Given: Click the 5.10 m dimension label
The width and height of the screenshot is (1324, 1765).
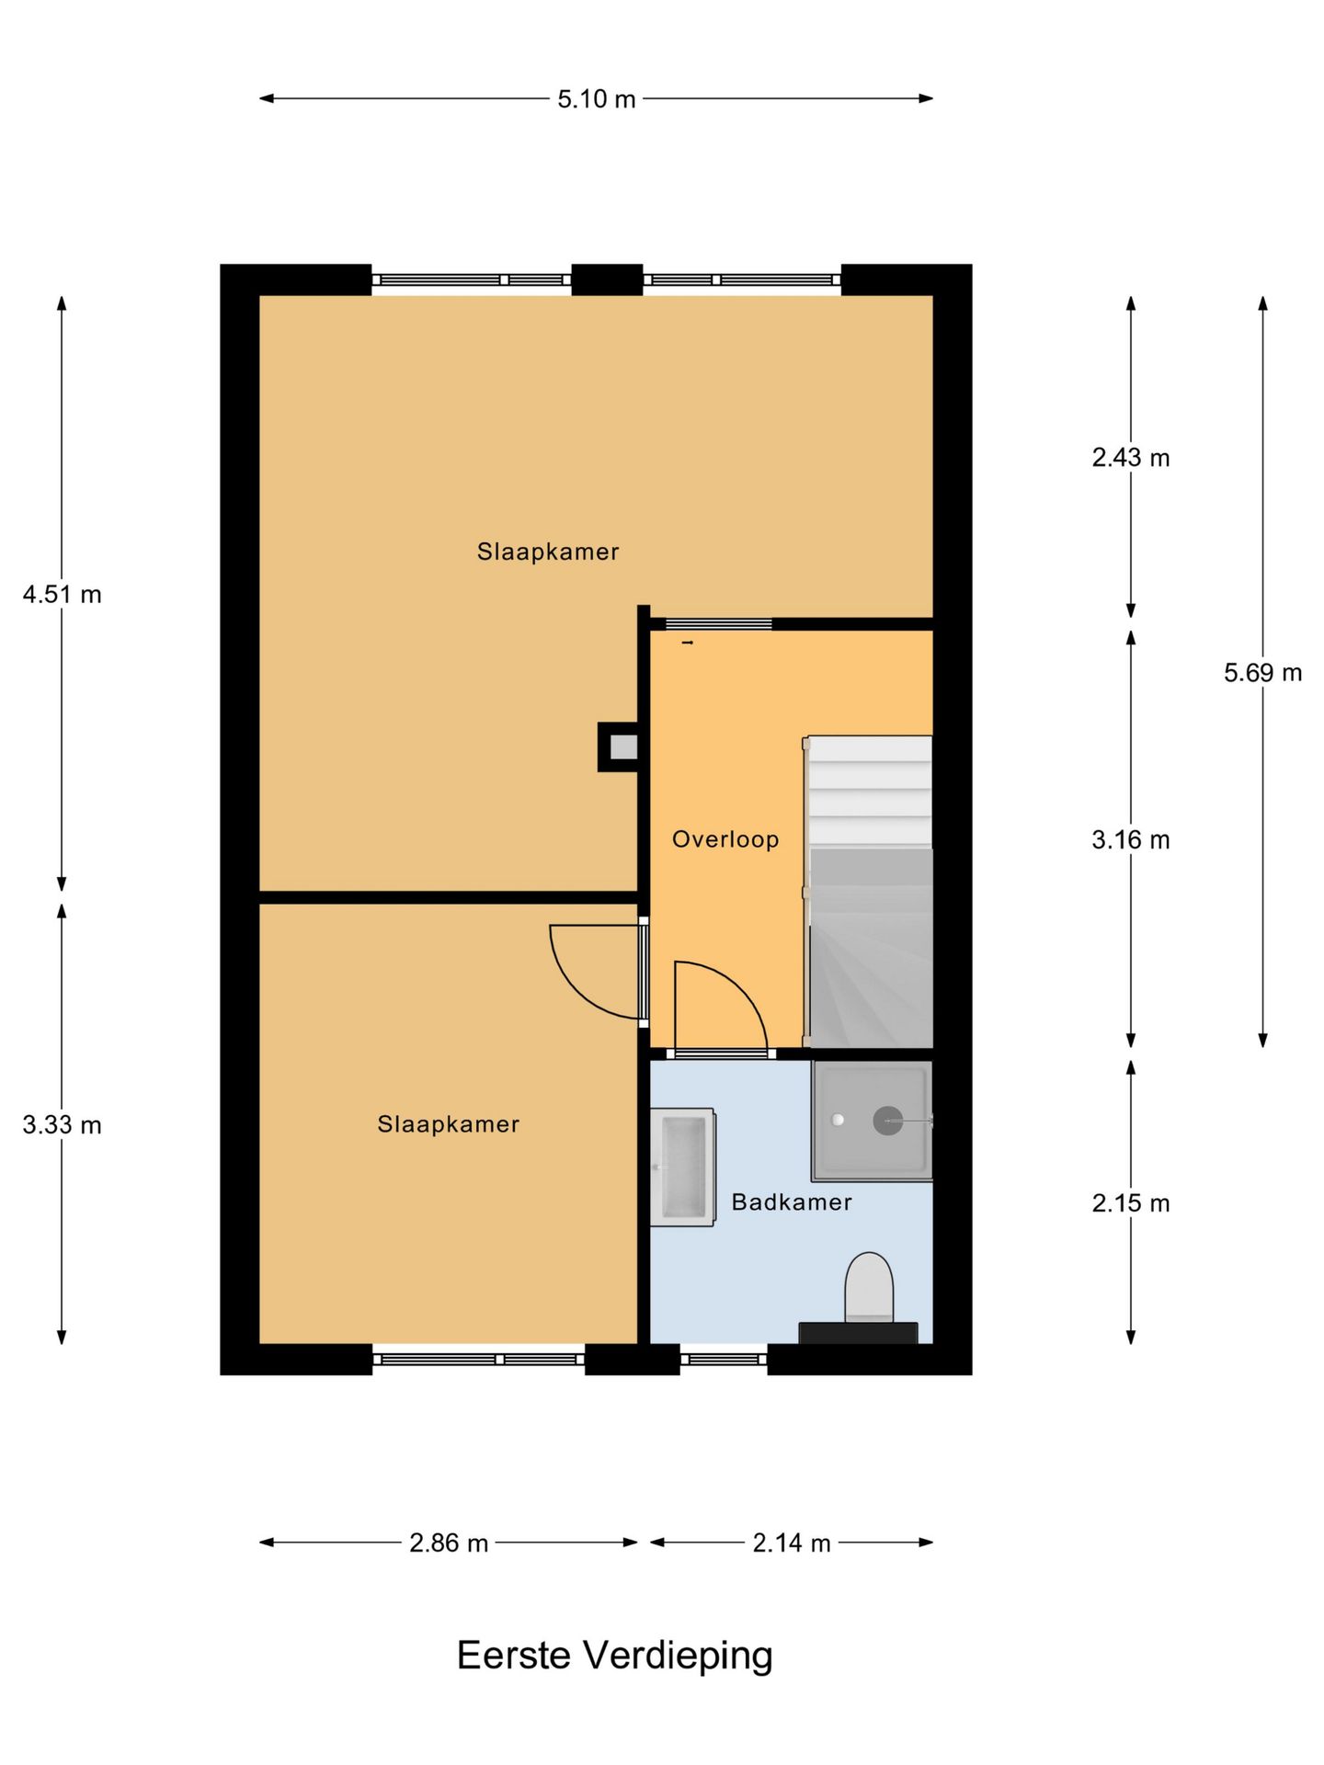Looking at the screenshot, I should point(596,98).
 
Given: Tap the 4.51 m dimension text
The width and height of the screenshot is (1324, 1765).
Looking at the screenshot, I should point(62,594).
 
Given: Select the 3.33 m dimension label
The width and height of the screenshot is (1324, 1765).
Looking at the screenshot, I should point(62,1124).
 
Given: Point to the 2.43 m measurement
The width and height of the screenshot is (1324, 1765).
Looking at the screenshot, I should point(1130,457).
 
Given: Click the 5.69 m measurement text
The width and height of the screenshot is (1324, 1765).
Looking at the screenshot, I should point(1261,672).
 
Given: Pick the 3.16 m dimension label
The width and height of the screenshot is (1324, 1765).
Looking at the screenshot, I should point(1130,839).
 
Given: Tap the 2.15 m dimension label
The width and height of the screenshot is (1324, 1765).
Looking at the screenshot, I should point(1130,1202).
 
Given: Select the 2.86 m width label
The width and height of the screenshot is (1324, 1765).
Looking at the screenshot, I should point(448,1543).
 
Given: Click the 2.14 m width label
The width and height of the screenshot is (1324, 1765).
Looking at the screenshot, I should point(791,1543).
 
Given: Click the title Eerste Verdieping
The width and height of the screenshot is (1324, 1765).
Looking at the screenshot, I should point(614,1656).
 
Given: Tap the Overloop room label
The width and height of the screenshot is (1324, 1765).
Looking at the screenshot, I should point(725,838).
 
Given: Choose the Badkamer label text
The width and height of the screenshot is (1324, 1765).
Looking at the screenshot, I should point(791,1201).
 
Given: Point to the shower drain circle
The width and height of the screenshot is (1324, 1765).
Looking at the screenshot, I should point(886,1121).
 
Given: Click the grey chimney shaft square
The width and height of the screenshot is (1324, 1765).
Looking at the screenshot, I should point(623,747).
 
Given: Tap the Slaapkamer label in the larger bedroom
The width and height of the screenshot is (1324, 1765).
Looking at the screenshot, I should point(547,552).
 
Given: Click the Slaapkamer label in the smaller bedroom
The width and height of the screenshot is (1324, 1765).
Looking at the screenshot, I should point(448,1123).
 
